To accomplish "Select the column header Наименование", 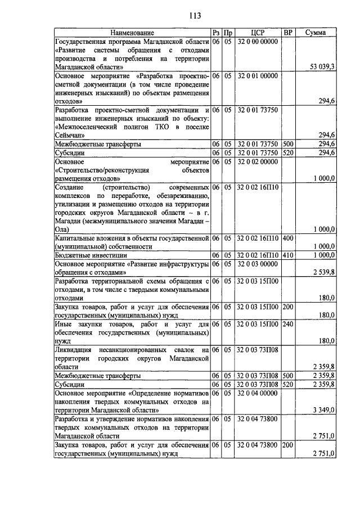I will point(132,33).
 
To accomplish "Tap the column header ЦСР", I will point(258,33).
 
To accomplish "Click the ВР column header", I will point(288,33).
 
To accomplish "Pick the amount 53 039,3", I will point(322,66).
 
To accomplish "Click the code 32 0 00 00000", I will point(258,42).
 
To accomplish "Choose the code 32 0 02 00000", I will point(258,161).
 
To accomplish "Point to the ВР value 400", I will point(288,238).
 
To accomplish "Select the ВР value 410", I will point(288,255).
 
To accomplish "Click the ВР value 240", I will point(288,324).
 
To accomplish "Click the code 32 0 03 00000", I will point(258,264).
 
